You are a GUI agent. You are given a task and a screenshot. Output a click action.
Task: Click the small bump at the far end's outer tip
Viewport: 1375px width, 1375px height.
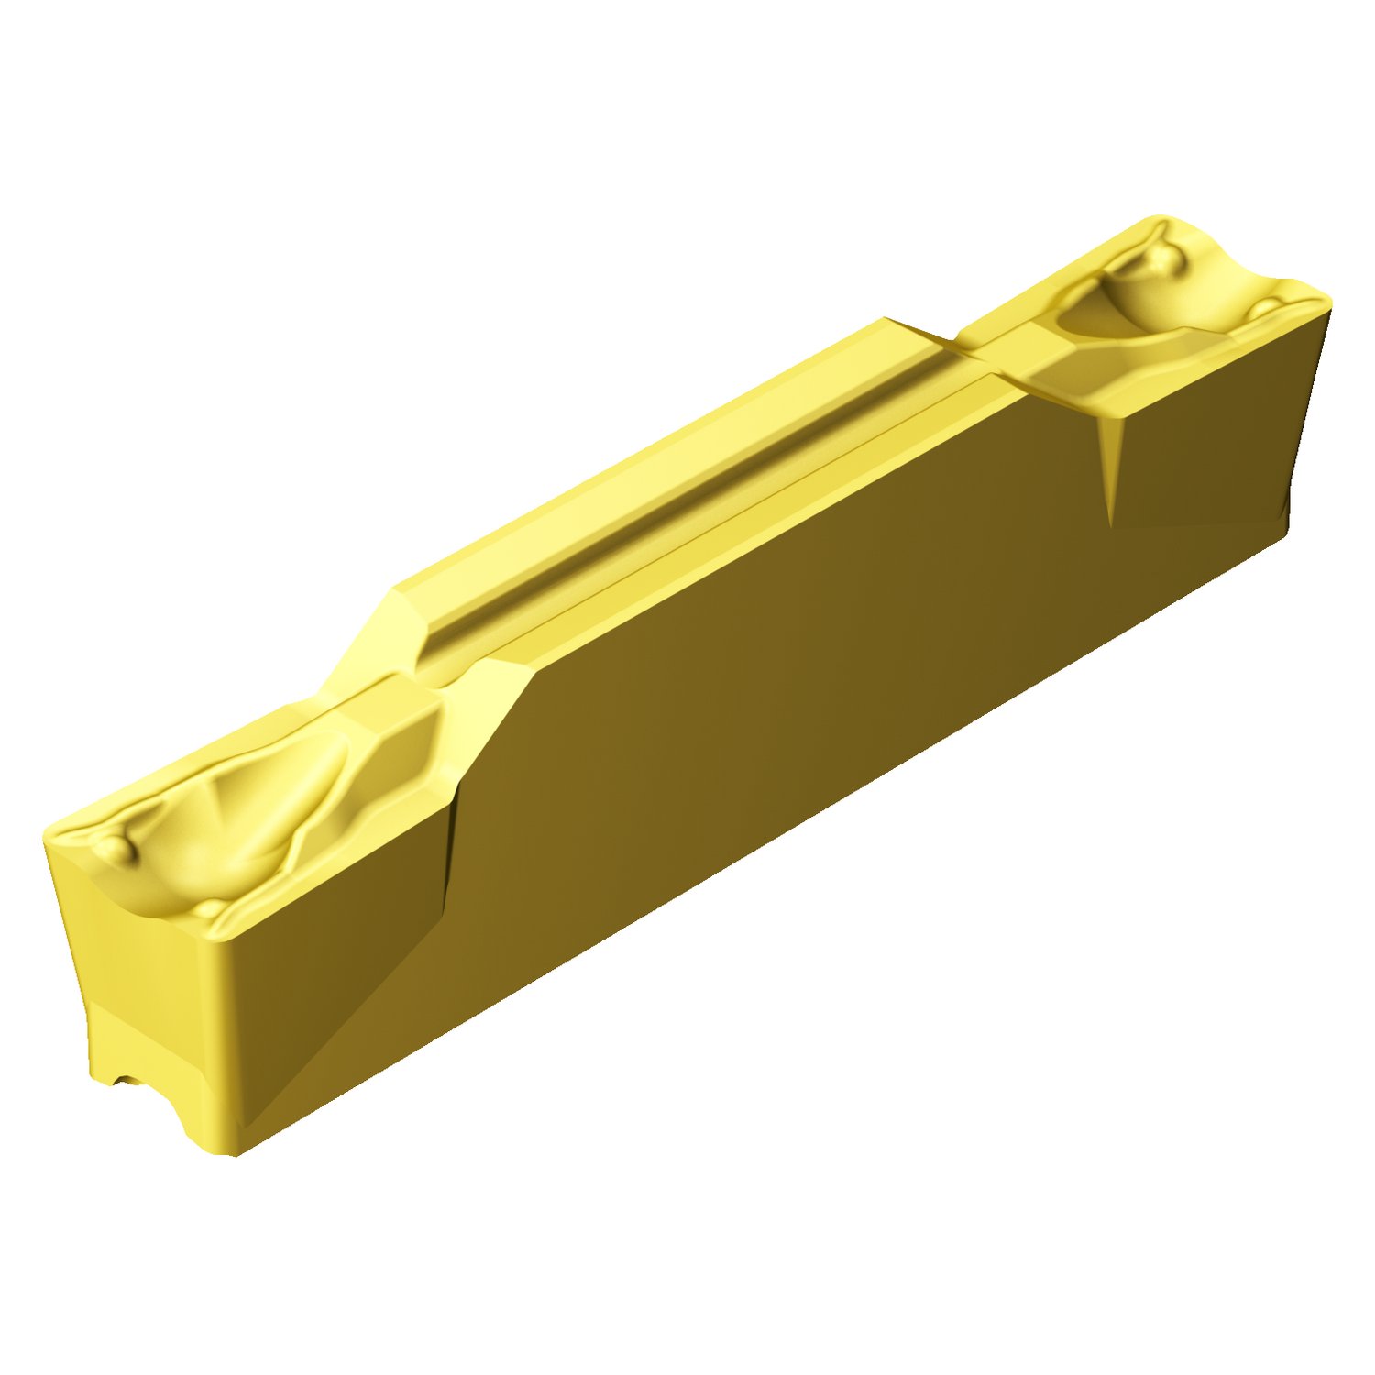tap(1269, 306)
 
